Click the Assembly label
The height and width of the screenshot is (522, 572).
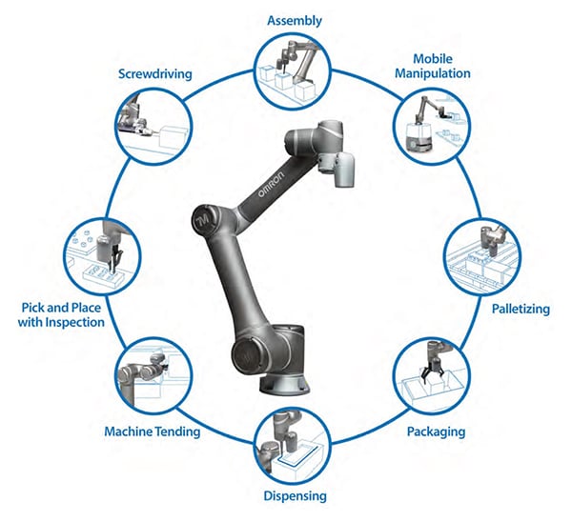pos(294,20)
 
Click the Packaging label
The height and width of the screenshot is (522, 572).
pos(435,432)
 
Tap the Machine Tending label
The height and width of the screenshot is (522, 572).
pos(153,432)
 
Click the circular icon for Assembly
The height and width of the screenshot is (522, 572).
pos(292,69)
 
